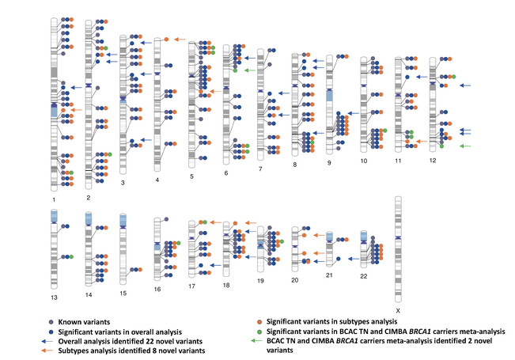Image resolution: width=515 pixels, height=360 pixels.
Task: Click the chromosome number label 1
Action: pyautogui.click(x=51, y=202)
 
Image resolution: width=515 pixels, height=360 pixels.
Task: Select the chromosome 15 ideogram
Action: pyautogui.click(x=123, y=245)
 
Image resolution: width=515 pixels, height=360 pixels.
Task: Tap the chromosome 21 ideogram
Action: pyautogui.click(x=330, y=249)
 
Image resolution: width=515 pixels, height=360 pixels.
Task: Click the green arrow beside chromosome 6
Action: pyautogui.click(x=248, y=70)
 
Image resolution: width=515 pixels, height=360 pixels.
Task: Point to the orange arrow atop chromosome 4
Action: pyautogui.click(x=179, y=39)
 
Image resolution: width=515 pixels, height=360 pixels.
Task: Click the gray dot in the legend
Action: pyautogui.click(x=52, y=320)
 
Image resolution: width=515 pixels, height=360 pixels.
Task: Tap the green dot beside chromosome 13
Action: pyautogui.click(x=71, y=257)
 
